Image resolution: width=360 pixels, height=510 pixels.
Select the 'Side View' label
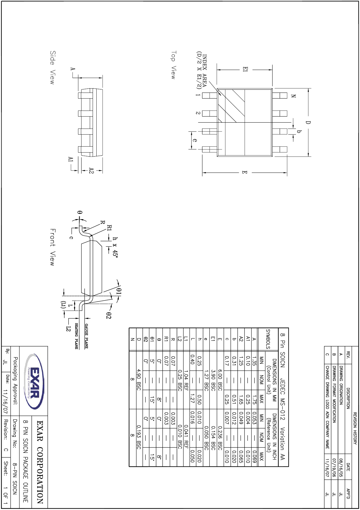(x=52, y=68)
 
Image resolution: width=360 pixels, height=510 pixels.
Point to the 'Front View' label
(x=53, y=247)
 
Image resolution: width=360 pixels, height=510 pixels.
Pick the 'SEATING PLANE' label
(x=76, y=336)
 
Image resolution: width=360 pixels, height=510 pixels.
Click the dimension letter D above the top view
(x=308, y=122)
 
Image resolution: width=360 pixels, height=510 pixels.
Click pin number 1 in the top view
(x=198, y=95)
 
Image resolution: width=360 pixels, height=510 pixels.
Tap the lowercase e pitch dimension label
(x=195, y=140)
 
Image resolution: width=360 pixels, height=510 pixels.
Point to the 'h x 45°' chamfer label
(x=115, y=247)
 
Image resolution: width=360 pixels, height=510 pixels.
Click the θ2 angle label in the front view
(x=108, y=315)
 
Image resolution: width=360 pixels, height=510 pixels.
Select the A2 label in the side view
(x=91, y=171)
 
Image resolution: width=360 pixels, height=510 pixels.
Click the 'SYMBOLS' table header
(x=268, y=339)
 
